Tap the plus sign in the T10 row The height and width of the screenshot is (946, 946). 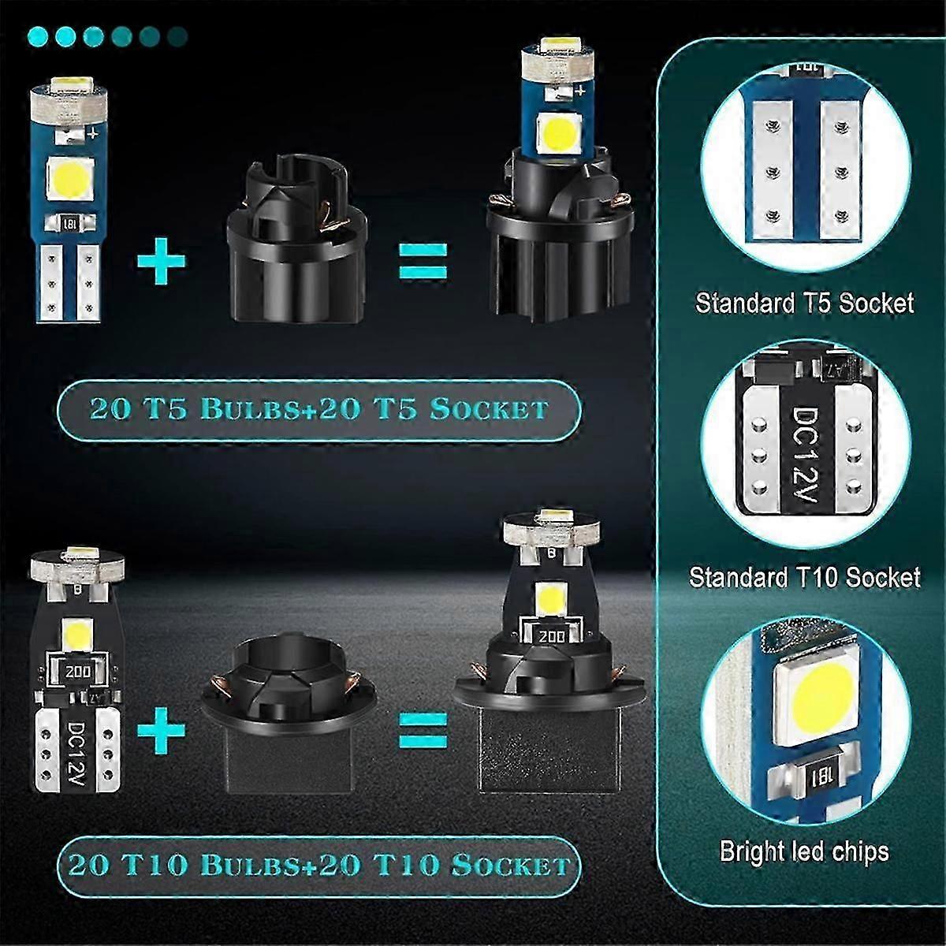[162, 729]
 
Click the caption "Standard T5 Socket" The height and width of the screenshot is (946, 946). [804, 304]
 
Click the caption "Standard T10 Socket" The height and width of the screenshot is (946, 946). [804, 577]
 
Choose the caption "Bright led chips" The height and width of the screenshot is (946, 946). [804, 851]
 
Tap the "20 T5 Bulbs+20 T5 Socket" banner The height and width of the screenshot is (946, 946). [318, 409]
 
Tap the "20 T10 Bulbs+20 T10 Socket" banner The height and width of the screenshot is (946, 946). [318, 865]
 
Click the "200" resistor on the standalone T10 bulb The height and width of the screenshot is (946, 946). [76, 672]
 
